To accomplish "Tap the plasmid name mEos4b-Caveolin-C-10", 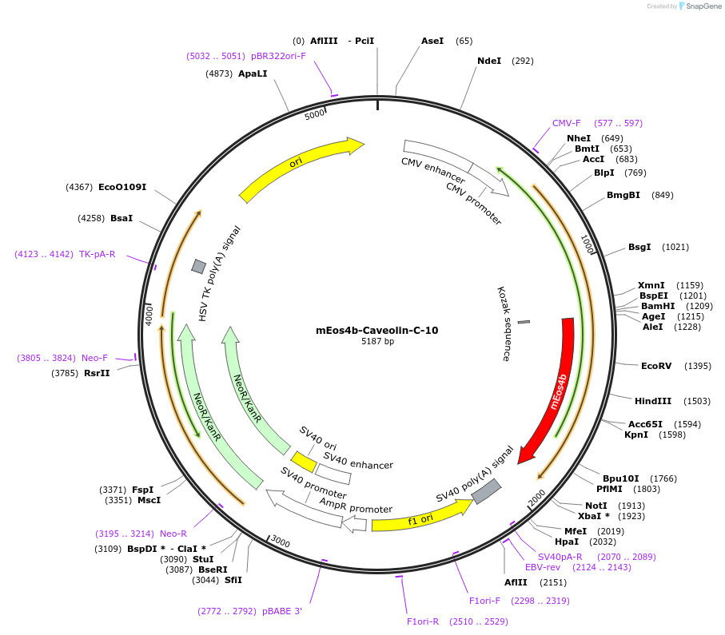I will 377,330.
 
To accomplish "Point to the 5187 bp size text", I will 377,342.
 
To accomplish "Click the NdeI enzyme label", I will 489,61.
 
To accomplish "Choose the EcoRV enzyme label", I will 656,366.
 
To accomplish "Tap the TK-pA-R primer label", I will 97,254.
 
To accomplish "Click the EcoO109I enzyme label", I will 122,187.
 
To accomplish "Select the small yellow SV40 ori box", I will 304,462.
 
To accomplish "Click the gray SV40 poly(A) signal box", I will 486,491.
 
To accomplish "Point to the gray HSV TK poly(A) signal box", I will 199,266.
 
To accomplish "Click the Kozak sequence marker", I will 524,322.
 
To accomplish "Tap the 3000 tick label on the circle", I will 280,542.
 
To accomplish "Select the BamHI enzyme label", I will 658,306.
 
